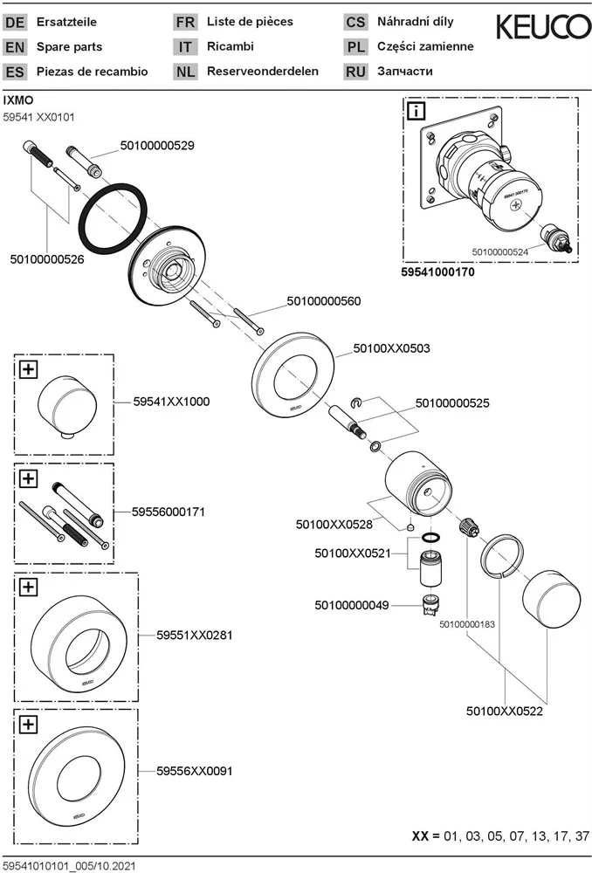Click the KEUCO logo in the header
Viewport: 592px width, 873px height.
tap(543, 28)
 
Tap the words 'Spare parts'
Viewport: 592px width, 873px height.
tap(69, 46)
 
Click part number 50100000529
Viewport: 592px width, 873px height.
tap(156, 146)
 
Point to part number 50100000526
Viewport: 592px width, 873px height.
tap(47, 259)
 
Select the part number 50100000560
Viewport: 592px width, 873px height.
tap(324, 301)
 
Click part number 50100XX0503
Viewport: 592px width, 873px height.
tap(391, 347)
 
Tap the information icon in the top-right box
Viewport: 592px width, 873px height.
tap(416, 110)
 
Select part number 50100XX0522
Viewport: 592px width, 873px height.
tap(505, 711)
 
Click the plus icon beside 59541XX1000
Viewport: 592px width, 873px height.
tap(28, 369)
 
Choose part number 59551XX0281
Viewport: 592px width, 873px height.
tap(195, 635)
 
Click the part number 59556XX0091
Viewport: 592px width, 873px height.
tap(194, 771)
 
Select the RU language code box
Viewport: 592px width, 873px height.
tap(356, 72)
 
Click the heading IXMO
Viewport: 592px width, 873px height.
tap(18, 100)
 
